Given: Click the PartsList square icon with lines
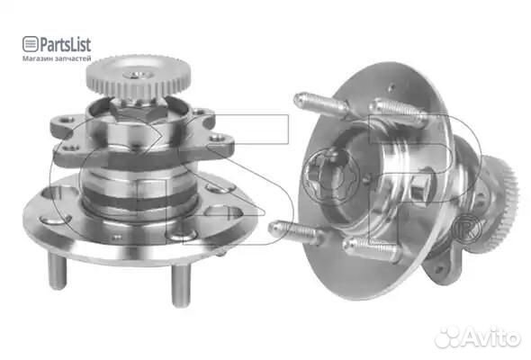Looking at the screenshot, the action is click(30, 44).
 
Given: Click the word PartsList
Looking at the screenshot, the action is click(66, 44).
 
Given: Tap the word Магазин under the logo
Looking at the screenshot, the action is click(37, 58).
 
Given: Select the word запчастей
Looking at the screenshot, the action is click(73, 58).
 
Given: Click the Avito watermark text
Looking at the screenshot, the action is click(492, 337).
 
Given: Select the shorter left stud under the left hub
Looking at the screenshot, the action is click(57, 272).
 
